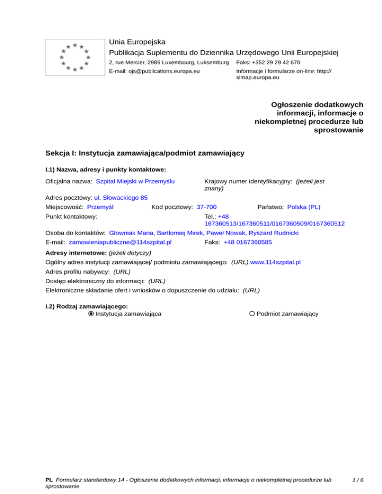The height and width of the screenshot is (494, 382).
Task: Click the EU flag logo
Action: (x=75, y=57)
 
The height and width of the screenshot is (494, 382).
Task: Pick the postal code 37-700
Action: (x=206, y=206)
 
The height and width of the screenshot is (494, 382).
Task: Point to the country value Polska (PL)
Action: (x=304, y=206)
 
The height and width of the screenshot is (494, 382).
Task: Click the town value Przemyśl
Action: (x=100, y=206)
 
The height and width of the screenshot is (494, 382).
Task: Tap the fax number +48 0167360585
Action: (x=248, y=242)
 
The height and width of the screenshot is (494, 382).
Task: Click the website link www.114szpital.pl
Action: (x=276, y=261)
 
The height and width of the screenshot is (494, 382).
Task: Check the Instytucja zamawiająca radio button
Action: (x=91, y=314)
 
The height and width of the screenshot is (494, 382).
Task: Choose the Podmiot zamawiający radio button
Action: (x=252, y=314)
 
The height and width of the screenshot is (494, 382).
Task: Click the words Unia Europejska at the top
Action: (x=137, y=41)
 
